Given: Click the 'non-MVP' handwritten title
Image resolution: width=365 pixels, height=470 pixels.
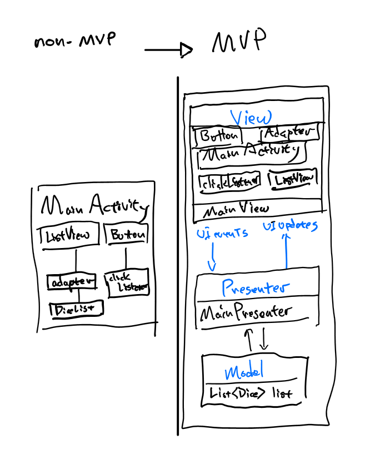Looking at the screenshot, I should (x=74, y=43).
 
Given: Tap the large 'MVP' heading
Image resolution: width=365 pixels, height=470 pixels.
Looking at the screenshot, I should (x=238, y=41).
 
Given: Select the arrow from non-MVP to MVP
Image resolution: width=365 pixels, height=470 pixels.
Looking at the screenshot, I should (x=168, y=50).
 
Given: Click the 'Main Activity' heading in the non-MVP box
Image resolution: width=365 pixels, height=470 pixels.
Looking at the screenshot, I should (x=91, y=206).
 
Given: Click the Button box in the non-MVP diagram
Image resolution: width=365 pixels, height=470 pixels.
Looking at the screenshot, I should (x=127, y=234).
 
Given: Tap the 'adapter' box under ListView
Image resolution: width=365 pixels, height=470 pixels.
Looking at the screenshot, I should (x=71, y=281).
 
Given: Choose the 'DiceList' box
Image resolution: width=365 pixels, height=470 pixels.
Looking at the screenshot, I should (x=76, y=309).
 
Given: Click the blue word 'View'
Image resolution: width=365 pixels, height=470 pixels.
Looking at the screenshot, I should (x=251, y=118).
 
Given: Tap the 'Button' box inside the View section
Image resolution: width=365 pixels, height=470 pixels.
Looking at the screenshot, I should (x=218, y=135).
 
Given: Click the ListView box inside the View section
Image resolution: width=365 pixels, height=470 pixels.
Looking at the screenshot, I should (x=293, y=179).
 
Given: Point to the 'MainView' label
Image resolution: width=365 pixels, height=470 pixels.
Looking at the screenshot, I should (x=236, y=210).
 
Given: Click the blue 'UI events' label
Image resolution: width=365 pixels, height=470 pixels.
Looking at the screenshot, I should (x=222, y=234).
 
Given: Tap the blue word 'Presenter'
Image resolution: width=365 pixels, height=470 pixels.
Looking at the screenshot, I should (x=255, y=287).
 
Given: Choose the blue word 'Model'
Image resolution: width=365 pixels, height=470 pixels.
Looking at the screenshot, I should (x=243, y=371).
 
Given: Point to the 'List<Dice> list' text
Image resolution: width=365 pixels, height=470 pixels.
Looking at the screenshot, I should (x=251, y=393).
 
